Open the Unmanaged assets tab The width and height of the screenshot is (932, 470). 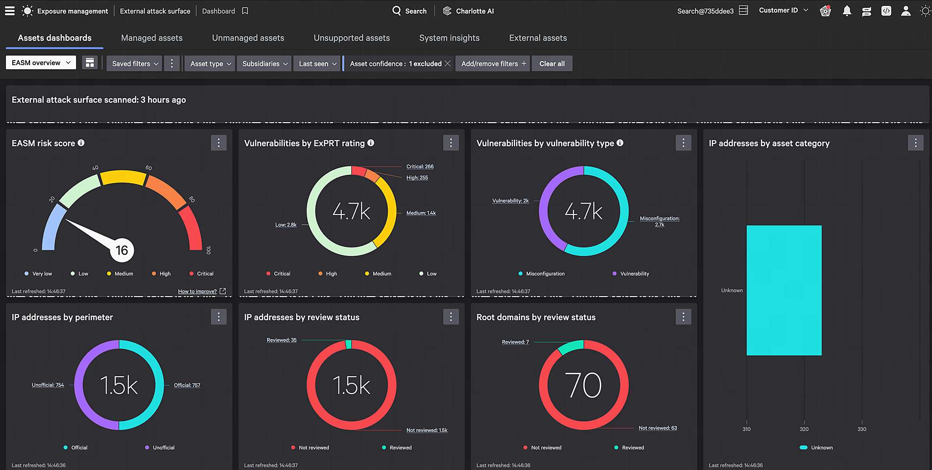click(x=248, y=38)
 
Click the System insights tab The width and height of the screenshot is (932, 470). click(x=449, y=38)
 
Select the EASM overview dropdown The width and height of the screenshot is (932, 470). click(x=41, y=63)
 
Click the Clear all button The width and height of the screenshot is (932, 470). click(x=552, y=64)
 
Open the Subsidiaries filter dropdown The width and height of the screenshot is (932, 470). click(x=264, y=64)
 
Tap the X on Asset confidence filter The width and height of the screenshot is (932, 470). click(x=448, y=64)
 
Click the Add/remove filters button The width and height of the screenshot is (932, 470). click(x=493, y=64)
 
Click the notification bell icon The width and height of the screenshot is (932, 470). click(x=846, y=11)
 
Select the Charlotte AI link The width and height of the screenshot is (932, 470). click(x=468, y=11)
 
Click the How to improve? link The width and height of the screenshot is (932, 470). click(x=198, y=291)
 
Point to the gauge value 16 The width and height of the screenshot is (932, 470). click(x=122, y=250)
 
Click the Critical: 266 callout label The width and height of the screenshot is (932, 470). click(x=420, y=167)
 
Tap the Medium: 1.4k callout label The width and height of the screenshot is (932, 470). click(x=421, y=213)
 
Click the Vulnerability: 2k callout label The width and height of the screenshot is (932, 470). click(x=511, y=201)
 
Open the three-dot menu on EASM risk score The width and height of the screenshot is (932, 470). click(x=218, y=143)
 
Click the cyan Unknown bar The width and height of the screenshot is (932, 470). click(x=784, y=290)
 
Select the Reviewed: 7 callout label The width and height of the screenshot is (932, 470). click(x=515, y=342)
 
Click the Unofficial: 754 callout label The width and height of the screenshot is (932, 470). click(x=48, y=385)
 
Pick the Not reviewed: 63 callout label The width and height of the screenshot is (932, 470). click(x=658, y=428)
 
